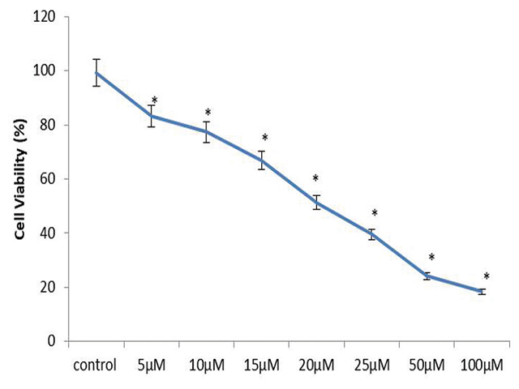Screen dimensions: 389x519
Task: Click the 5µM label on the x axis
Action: point(152,363)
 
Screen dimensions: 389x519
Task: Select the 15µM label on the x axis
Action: point(262,363)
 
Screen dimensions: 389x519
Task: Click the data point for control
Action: point(97,72)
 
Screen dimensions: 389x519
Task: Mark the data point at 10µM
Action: point(207,131)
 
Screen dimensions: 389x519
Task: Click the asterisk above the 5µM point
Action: point(154,100)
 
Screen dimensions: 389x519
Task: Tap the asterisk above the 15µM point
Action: point(264,139)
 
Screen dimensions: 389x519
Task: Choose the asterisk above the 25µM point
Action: point(375,214)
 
